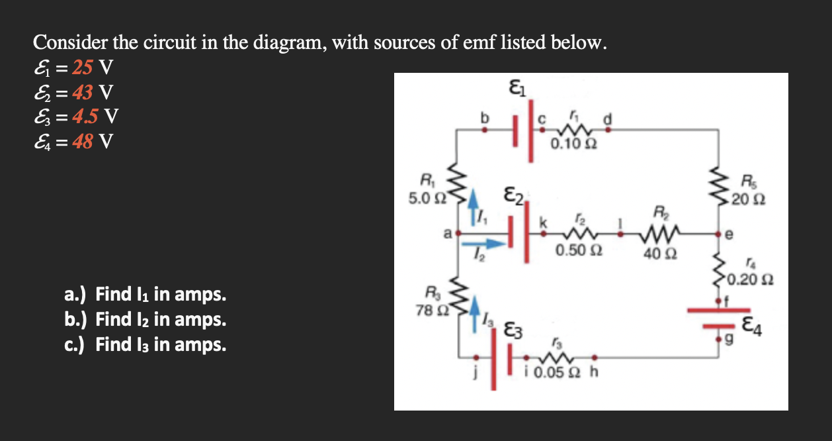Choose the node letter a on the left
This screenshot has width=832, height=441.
tap(448, 233)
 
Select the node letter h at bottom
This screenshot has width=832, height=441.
tap(593, 371)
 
